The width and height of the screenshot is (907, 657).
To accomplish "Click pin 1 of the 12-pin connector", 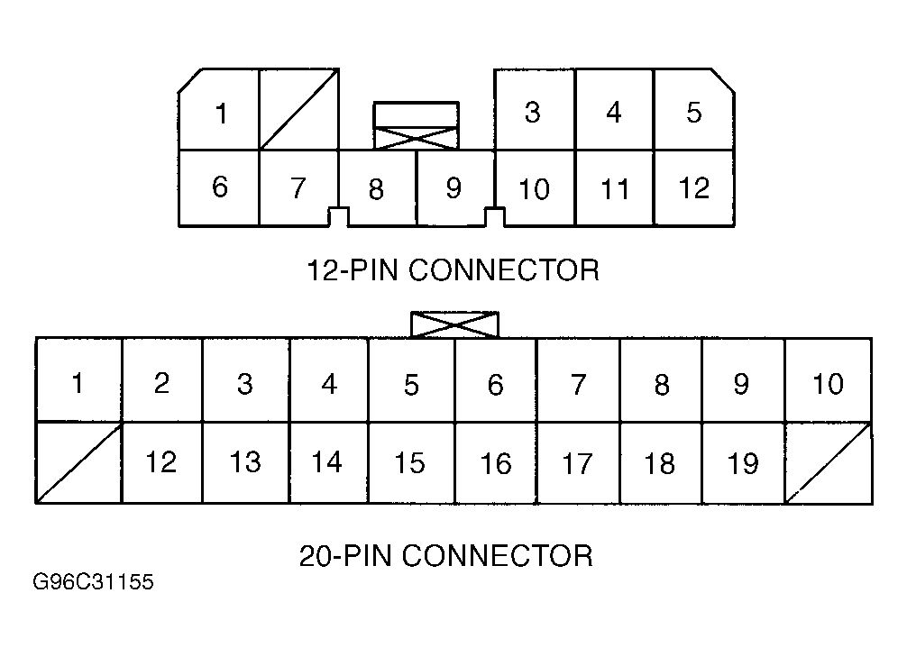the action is tap(219, 110).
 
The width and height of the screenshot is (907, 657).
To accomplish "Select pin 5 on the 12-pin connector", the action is tap(694, 110).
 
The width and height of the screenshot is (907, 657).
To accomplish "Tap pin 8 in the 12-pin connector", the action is tap(377, 188).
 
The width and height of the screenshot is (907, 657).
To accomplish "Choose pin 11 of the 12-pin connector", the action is tap(614, 188).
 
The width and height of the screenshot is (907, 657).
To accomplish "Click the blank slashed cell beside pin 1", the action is tap(298, 110).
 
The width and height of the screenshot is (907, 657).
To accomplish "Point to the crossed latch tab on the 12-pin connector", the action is tap(417, 138).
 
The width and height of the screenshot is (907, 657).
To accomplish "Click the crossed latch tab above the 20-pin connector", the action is tap(454, 324).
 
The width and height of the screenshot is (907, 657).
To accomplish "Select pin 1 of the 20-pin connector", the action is tap(78, 380).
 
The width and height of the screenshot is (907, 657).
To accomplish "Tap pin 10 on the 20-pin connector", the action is tap(829, 380).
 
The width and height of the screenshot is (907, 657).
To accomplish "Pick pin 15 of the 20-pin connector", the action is tap(411, 462).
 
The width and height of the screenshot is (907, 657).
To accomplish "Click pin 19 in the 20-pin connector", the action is tap(743, 462).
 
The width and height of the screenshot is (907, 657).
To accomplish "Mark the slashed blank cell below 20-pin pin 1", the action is tap(78, 462).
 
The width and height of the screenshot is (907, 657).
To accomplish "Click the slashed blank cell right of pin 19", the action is tap(829, 462).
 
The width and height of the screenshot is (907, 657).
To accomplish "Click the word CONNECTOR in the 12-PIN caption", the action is tap(504, 270).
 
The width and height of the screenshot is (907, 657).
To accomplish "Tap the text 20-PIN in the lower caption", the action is tap(346, 555).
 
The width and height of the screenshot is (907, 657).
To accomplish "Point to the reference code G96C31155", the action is tap(93, 581).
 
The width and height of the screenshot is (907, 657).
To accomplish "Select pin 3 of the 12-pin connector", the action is tap(535, 110).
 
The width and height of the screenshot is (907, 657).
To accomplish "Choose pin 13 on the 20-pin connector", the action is tap(246, 462).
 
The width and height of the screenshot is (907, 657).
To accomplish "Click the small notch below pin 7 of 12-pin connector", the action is tap(338, 217).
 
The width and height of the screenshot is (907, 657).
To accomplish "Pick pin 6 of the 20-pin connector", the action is tap(496, 380).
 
